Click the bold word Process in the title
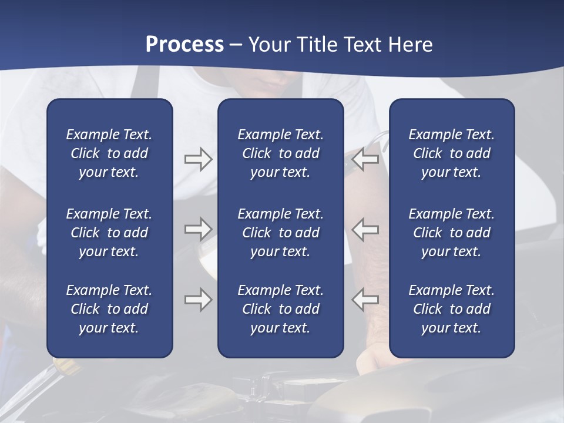click(x=184, y=45)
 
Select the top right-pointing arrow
click(x=198, y=159)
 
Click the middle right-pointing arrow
click(x=198, y=229)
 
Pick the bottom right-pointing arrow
click(x=198, y=300)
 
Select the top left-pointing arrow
click(x=365, y=159)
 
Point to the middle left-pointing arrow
click(x=365, y=229)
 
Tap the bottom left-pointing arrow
click(x=365, y=300)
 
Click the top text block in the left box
click(x=109, y=153)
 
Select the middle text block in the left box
click(x=109, y=233)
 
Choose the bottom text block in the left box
click(x=109, y=309)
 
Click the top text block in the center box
click(x=280, y=153)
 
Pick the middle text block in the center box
click(x=280, y=233)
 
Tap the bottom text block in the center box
click(x=280, y=309)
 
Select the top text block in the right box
click(x=451, y=153)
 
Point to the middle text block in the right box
click(x=451, y=233)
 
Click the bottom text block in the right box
click(x=451, y=309)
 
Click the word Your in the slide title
click(x=268, y=45)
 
